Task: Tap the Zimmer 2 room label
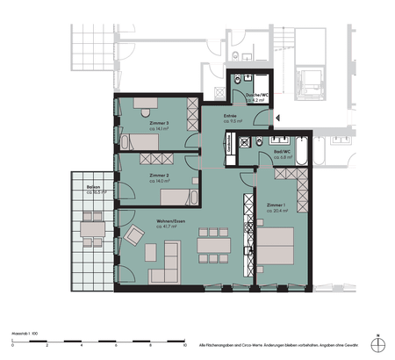click(x=159, y=176)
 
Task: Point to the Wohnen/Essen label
click(x=171, y=221)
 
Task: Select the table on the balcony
click(x=90, y=232)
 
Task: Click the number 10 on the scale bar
click(x=184, y=345)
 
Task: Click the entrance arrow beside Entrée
click(x=276, y=117)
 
